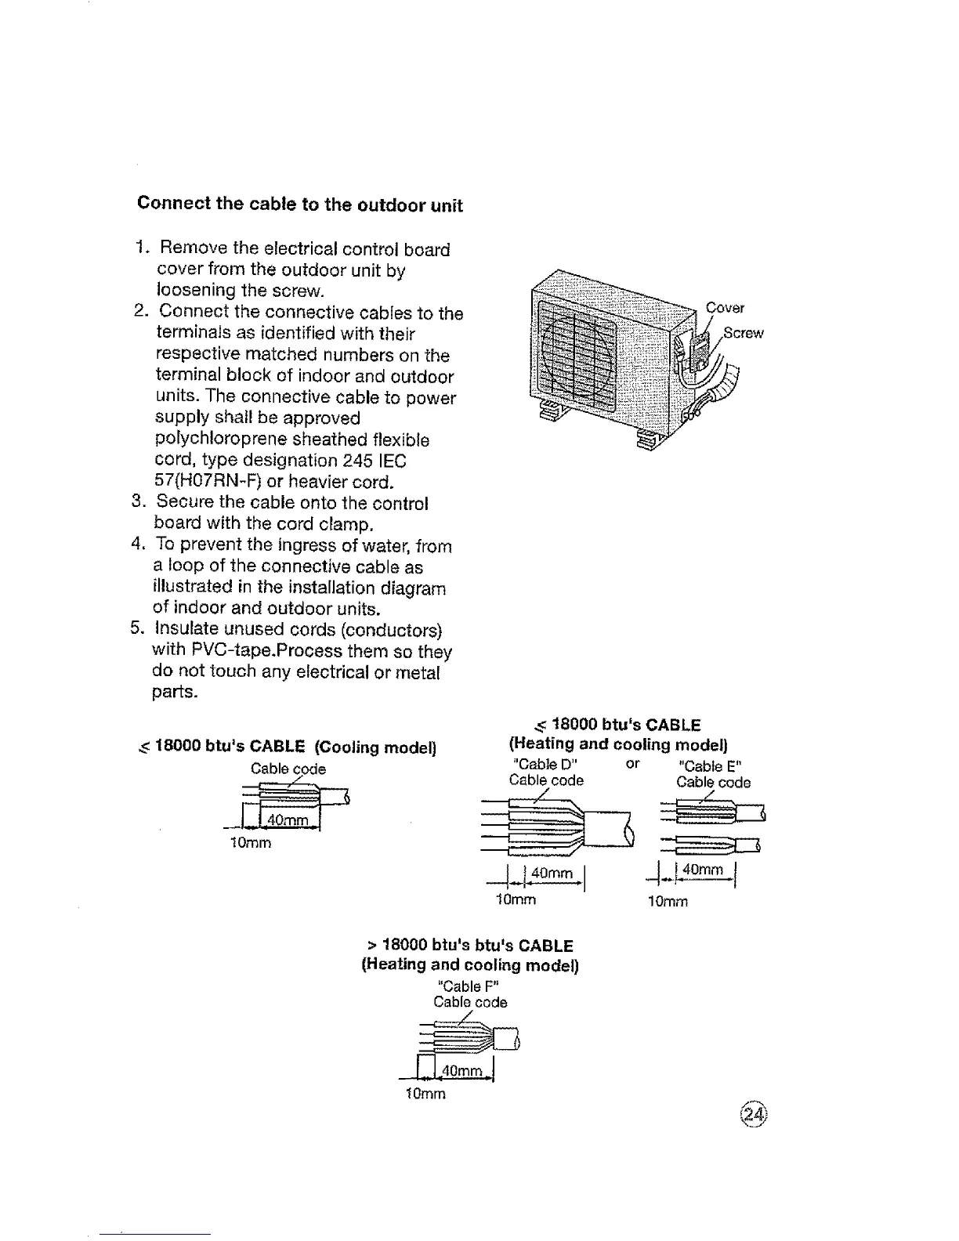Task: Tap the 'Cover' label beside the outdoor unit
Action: click(726, 308)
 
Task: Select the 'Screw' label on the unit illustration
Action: click(743, 333)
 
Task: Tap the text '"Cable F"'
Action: click(468, 986)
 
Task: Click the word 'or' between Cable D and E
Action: click(633, 763)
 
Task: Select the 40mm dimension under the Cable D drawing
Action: click(552, 874)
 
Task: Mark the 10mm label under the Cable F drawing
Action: click(425, 1094)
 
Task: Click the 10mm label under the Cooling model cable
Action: click(251, 844)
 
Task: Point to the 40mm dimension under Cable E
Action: click(704, 869)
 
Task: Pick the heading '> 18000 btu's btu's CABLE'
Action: click(470, 946)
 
